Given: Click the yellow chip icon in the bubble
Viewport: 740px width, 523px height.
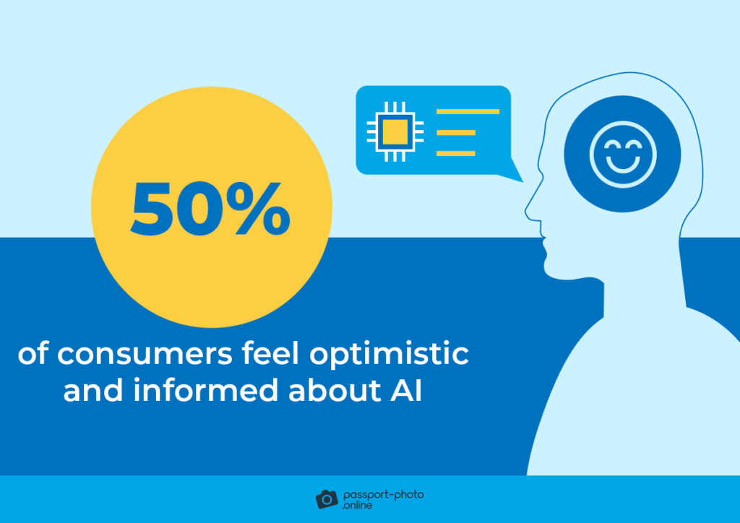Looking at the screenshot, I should tap(394, 132).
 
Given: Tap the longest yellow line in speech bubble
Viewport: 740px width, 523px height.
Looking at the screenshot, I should tap(468, 112).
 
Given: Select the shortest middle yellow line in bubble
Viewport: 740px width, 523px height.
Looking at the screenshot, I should tap(456, 133).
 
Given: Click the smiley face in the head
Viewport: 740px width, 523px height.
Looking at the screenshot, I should tap(621, 154).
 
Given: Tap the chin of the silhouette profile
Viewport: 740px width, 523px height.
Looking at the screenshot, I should tap(551, 269).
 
